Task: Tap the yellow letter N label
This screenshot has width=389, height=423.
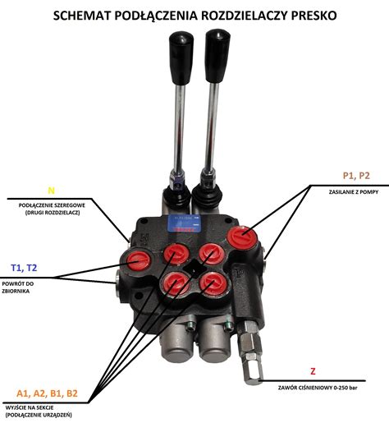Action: [x=51, y=191]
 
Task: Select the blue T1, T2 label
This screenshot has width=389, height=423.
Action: [x=24, y=268]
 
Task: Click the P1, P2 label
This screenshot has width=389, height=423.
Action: [x=356, y=176]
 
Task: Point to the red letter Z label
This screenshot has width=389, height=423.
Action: [x=313, y=371]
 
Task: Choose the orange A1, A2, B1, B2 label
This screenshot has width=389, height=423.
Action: [x=47, y=393]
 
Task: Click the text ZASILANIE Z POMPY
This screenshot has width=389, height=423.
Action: [x=354, y=192]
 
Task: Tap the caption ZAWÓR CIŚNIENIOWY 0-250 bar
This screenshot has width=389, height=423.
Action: [x=318, y=388]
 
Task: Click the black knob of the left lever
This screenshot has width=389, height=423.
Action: [x=181, y=57]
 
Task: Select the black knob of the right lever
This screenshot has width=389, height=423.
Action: [x=217, y=56]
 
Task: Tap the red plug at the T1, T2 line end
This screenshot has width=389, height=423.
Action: [x=139, y=260]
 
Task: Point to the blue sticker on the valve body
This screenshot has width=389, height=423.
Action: [x=184, y=223]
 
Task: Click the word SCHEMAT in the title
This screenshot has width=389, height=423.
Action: [x=82, y=16]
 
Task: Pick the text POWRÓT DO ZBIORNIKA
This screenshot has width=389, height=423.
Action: [x=18, y=287]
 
